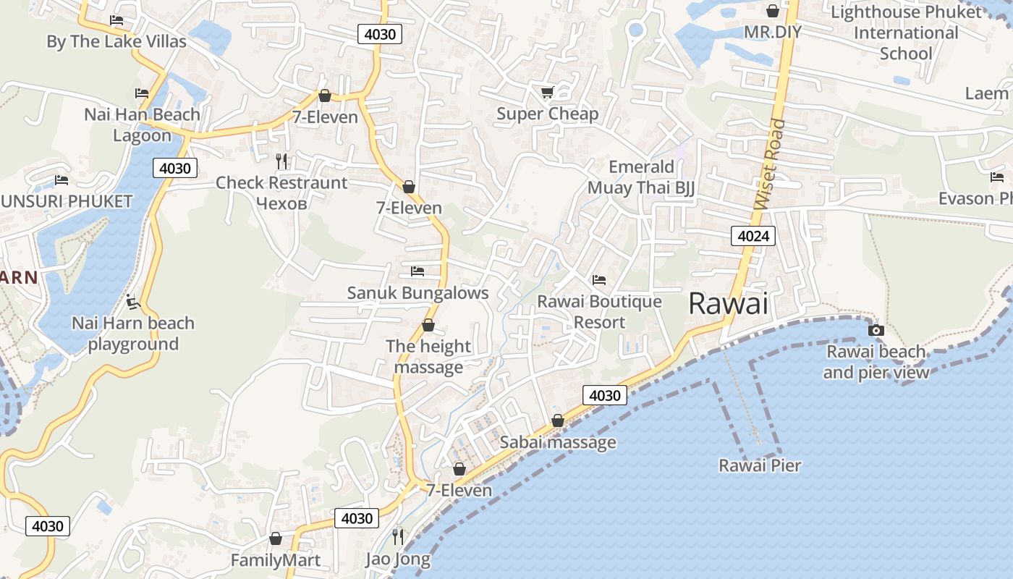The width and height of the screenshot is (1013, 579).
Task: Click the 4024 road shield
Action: (x=753, y=235)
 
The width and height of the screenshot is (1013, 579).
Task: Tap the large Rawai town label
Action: (x=728, y=303)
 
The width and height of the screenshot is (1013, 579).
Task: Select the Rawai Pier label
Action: (x=760, y=465)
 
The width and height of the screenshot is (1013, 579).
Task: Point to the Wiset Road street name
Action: (x=769, y=164)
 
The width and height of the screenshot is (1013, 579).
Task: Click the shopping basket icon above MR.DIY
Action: (x=773, y=11)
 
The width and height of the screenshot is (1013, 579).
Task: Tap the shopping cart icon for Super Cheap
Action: (x=547, y=92)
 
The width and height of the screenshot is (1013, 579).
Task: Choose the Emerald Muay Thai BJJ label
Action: (x=641, y=177)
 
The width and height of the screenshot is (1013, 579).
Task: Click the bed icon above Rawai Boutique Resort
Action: (x=599, y=279)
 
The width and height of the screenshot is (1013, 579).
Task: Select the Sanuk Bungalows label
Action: (x=418, y=293)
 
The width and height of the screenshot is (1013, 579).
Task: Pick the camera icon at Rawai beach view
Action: (x=876, y=330)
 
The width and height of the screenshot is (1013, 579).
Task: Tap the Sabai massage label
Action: (x=558, y=442)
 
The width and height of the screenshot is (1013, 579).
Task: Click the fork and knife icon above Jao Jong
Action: (x=398, y=536)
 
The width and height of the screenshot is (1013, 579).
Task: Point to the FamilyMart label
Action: (x=276, y=560)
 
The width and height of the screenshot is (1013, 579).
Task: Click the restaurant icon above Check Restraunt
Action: (x=282, y=161)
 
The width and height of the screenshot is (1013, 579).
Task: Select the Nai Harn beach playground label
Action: (x=133, y=334)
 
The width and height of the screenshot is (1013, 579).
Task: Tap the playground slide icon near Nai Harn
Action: (x=132, y=301)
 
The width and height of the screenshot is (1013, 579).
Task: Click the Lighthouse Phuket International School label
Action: (x=906, y=33)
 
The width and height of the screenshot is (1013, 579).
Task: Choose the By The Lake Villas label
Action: (x=116, y=41)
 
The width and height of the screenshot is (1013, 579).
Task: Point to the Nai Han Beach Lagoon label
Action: (x=143, y=124)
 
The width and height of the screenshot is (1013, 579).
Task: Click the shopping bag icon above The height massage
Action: (x=428, y=325)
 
